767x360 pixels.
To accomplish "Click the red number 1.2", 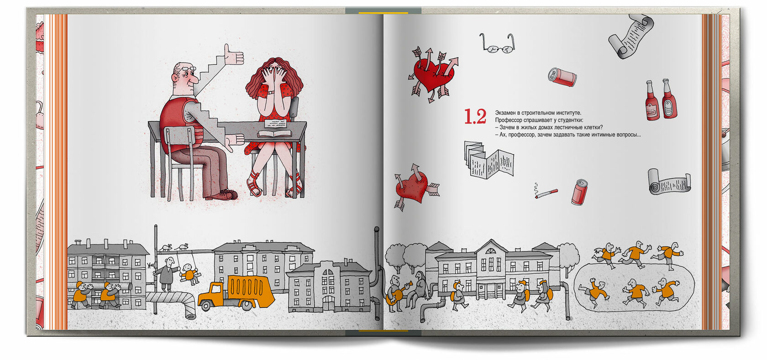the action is [475, 117].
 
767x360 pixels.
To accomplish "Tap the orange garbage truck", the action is [236, 292].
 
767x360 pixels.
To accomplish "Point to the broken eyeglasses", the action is [498, 43].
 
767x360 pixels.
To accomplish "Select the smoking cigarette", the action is [546, 193].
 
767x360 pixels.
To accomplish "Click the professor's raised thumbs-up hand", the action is [233, 55].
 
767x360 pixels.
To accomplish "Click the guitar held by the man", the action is [397, 295].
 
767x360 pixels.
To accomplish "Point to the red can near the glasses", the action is [562, 77].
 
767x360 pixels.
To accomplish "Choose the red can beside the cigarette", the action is [579, 193].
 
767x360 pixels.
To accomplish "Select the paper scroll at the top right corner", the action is [630, 37].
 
